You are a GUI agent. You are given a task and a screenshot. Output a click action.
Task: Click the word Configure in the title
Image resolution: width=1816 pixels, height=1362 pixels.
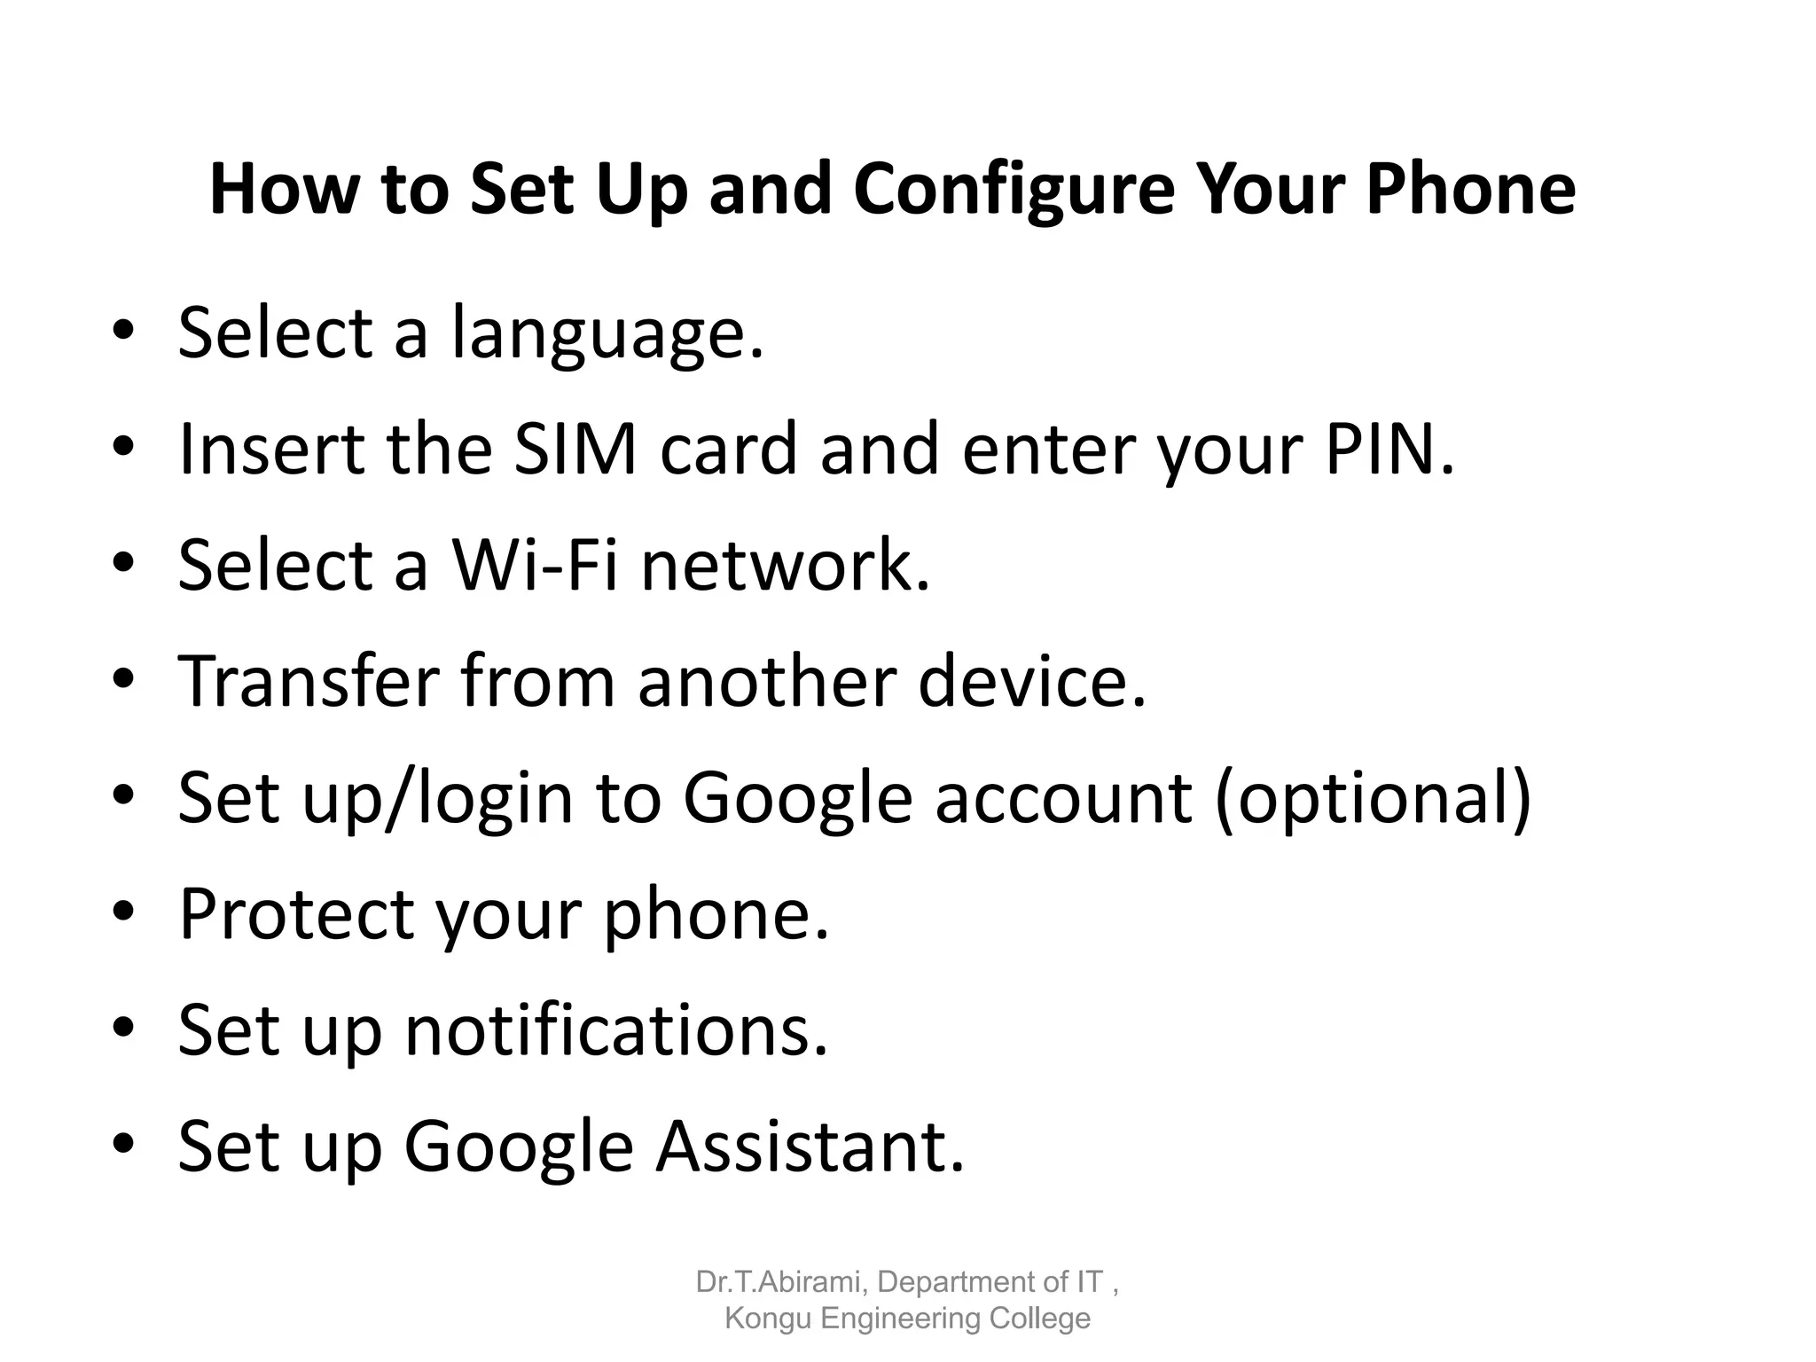click(1014, 189)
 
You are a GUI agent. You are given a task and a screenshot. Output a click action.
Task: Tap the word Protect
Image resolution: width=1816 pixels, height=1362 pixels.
click(296, 913)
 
